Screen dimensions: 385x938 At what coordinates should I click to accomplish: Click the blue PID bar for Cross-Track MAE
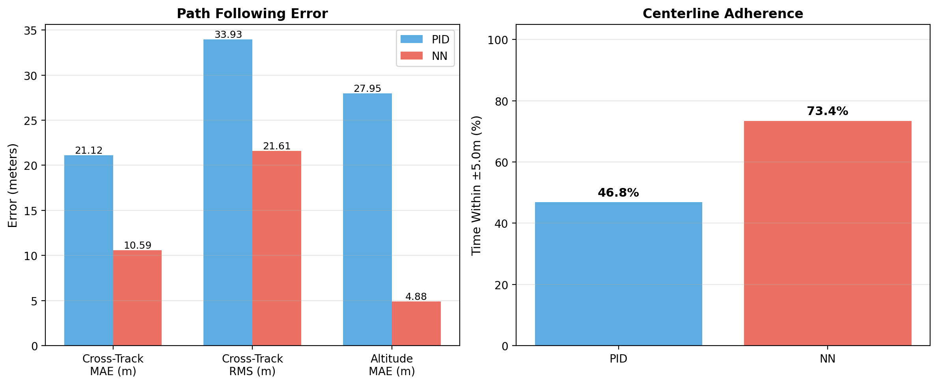(89, 250)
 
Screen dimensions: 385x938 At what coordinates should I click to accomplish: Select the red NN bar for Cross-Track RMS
(276, 248)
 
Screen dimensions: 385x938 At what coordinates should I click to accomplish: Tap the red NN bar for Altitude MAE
(416, 323)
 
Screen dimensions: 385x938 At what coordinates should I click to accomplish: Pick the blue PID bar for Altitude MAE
(367, 219)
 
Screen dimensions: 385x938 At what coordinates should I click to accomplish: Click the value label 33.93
(228, 35)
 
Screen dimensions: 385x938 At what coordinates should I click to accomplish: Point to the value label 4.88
(416, 296)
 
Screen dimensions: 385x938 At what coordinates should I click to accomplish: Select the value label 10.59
(137, 246)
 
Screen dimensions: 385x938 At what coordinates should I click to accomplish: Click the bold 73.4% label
(827, 111)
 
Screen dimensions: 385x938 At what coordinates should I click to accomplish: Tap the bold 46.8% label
(618, 193)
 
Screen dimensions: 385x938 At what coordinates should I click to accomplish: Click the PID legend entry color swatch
(411, 39)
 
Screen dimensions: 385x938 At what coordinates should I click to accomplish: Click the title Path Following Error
(252, 14)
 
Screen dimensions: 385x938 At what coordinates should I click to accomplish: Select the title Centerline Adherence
(722, 14)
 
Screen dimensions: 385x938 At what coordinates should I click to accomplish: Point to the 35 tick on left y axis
(31, 31)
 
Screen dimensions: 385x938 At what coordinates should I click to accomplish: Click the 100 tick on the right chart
(498, 40)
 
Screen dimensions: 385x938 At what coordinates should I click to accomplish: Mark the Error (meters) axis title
(13, 185)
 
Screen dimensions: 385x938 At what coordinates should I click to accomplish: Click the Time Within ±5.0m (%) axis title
(476, 185)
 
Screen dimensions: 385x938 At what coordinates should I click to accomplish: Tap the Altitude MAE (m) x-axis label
(392, 365)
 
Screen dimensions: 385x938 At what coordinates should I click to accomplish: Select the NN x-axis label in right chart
(827, 359)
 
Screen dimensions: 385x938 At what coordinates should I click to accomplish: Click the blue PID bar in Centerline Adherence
(618, 274)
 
